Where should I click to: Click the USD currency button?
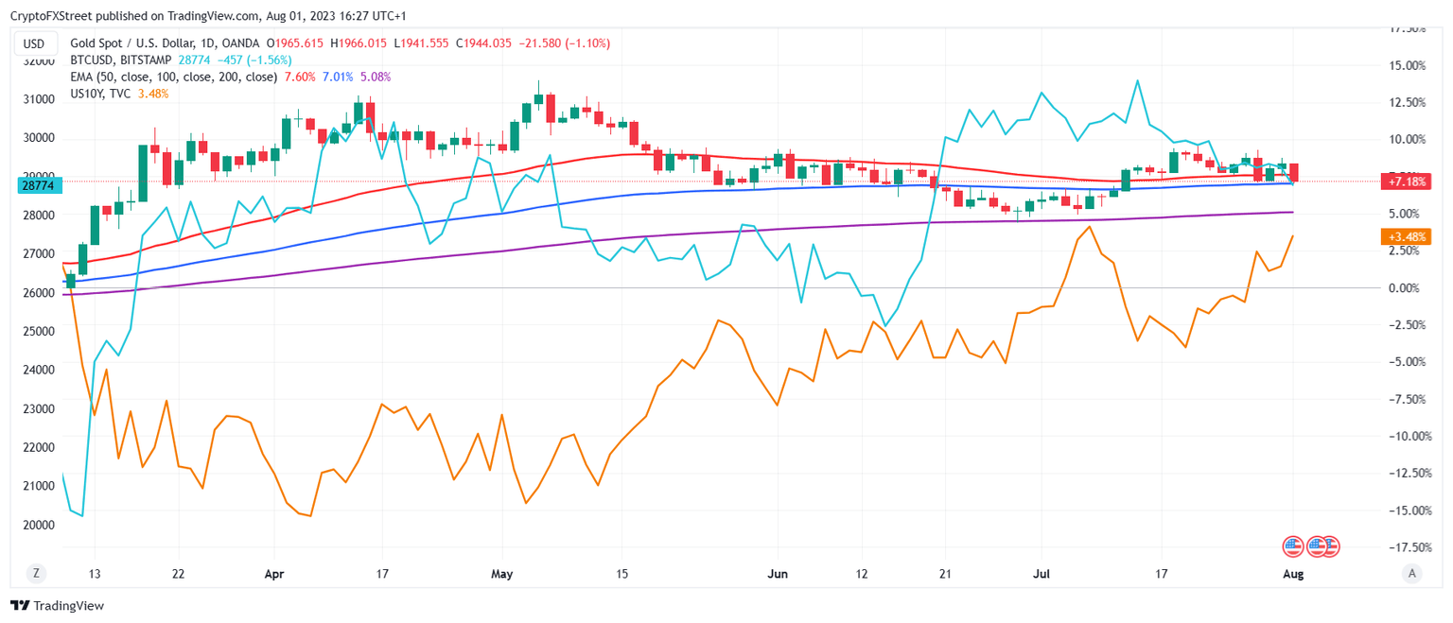tap(34, 43)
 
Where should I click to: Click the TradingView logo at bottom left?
tap(58, 606)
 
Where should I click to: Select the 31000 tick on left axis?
tap(39, 99)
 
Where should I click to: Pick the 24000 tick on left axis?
tap(39, 370)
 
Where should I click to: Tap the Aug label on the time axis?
tap(1293, 573)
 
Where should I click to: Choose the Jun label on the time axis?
tap(778, 573)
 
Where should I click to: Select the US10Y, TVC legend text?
tap(101, 94)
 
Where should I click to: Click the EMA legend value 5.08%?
tap(376, 77)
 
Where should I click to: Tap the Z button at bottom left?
tap(36, 572)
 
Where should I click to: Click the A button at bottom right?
tap(1411, 572)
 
